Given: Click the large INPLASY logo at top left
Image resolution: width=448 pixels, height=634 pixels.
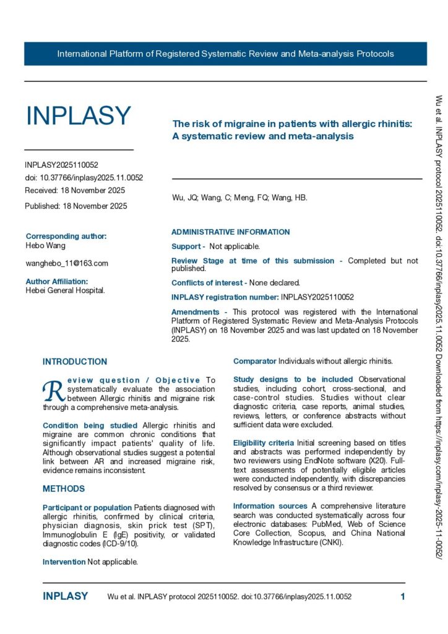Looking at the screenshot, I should pos(78,116).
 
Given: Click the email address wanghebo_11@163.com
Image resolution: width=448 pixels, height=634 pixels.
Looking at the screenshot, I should pos(67,263).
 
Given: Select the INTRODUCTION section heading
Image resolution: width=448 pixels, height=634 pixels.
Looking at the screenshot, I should pos(74,362).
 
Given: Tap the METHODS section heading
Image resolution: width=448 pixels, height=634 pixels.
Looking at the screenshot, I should pos(64,489).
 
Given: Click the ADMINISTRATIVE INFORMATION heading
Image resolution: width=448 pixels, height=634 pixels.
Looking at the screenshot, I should pos(230,232).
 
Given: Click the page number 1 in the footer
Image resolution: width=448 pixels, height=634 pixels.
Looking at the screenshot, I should pos(403,597).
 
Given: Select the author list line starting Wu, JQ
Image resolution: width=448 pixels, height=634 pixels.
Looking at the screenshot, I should pos(239,198).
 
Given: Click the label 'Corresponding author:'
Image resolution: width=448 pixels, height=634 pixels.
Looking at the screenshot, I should pos(66,236).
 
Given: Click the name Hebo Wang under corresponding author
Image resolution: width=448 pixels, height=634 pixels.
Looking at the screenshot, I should pos(46,246).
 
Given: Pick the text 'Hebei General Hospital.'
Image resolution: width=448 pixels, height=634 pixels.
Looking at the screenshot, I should pos(65,290).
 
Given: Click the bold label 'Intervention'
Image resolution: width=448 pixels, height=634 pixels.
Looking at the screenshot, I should pos(64,562).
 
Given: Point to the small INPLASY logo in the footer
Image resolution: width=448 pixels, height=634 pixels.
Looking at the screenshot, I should pos(65,597).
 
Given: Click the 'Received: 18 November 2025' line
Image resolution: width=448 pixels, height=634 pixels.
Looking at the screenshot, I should pos(75,190).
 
